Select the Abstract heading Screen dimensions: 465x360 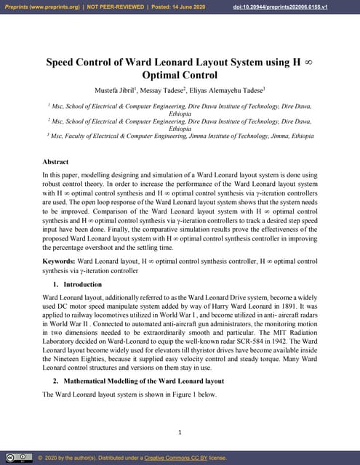click(56, 162)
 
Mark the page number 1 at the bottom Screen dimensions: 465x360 click(180, 433)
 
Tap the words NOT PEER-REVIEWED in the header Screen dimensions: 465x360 click(111, 7)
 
